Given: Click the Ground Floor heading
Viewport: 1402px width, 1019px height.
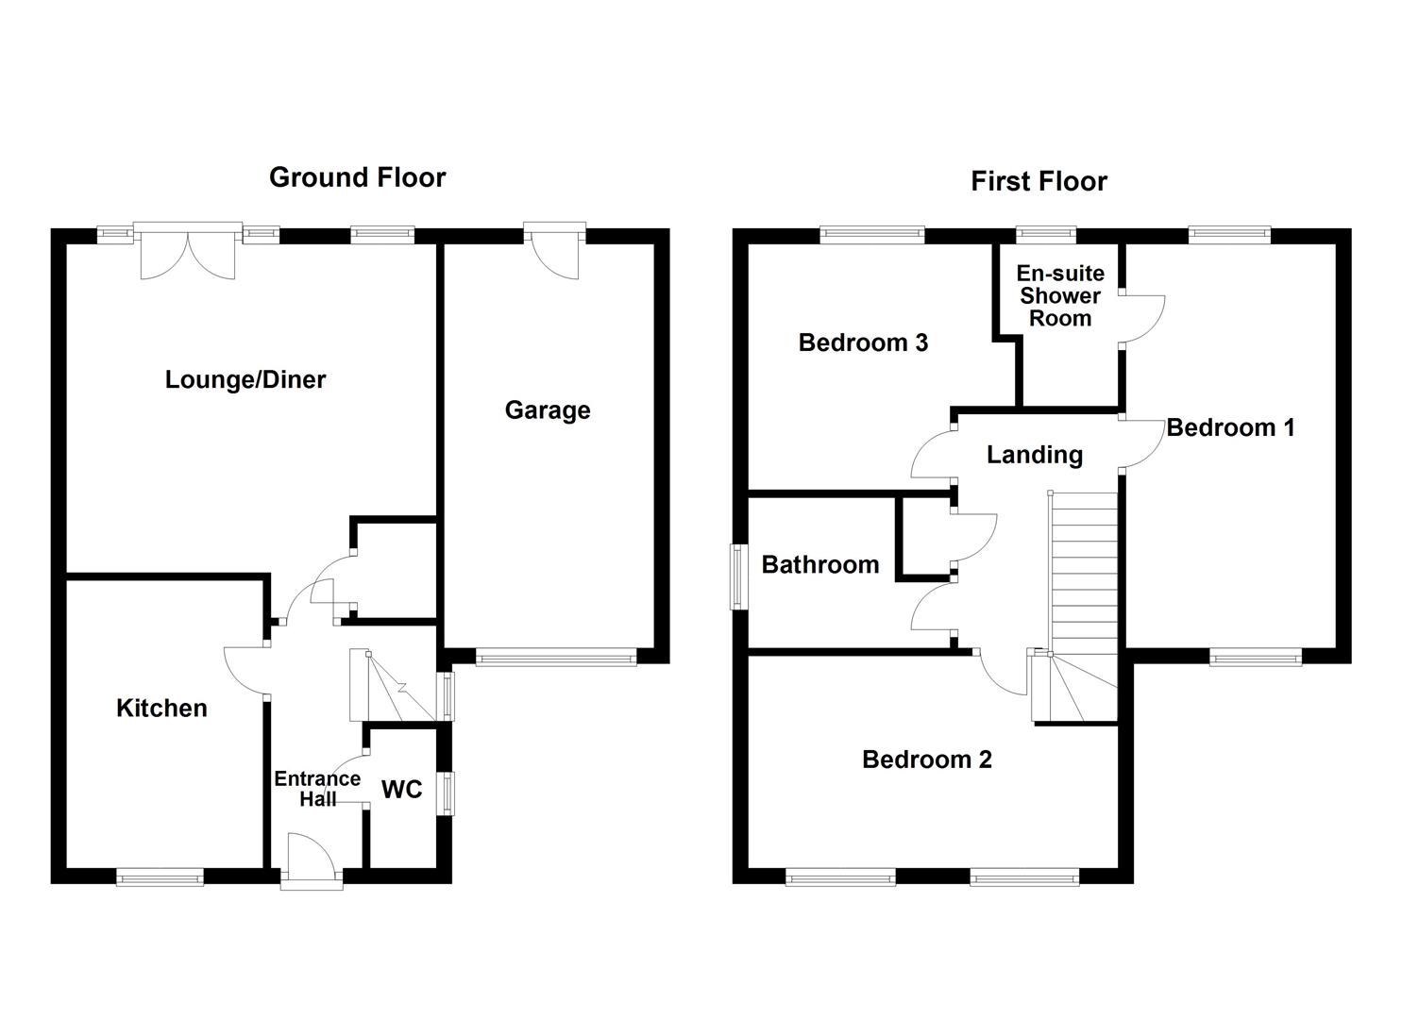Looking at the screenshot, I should [x=357, y=177].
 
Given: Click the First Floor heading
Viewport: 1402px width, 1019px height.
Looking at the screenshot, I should [x=1039, y=181].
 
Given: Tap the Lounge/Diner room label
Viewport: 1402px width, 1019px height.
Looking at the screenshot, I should [x=245, y=379].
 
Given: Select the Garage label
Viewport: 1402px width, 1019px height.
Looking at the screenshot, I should [x=548, y=410].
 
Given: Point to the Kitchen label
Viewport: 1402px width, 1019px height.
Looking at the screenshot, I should [x=161, y=708].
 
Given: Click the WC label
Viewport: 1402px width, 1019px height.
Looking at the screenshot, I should [x=401, y=790].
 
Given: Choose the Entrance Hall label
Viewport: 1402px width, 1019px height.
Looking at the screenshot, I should [x=317, y=789].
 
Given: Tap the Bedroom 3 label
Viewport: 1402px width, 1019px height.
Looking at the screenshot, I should [x=863, y=342].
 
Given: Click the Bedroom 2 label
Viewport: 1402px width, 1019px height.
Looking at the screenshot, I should [x=927, y=760].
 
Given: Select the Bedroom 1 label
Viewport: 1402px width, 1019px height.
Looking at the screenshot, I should [x=1230, y=427].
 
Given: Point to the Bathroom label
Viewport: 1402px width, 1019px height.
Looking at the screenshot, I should [x=820, y=564].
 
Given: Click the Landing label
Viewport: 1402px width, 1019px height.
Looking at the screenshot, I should [x=1035, y=455].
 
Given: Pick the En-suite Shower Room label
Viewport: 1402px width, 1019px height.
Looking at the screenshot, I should [x=1060, y=295].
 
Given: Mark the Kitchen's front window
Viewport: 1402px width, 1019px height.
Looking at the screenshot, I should [x=160, y=877].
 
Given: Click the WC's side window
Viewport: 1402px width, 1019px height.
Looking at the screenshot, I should [x=445, y=793].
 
